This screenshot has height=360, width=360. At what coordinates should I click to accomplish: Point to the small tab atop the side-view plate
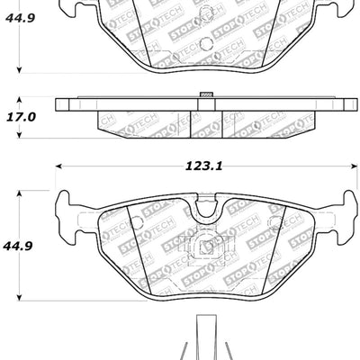(x=204, y=94)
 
